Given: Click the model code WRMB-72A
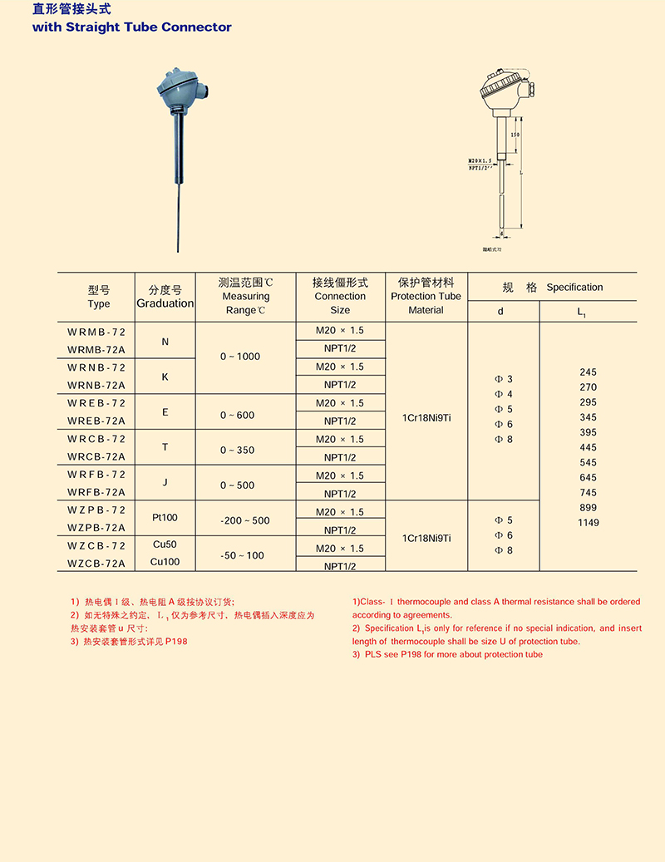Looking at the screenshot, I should pos(96,349).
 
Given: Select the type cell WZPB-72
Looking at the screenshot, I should pos(96,510).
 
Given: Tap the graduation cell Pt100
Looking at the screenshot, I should pos(165,517).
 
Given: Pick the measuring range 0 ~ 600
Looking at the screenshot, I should pos(238,415).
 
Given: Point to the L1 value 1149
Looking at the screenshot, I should pos(588,523).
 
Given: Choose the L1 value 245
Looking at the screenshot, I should pos(588,372).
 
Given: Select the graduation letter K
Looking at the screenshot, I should pos(165,377).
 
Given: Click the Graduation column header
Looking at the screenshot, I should pos(165,303).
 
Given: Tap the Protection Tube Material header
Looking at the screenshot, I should pos(426,296).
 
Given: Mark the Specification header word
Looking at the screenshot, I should pos(574,288).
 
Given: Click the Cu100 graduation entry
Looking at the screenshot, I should pos(165,562).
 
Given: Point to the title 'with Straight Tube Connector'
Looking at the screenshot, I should pos(131,27).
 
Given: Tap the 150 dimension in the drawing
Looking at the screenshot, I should pos(515,135).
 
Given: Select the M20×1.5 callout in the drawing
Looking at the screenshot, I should pos(480,160).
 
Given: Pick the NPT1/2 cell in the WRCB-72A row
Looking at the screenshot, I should pos(340,457).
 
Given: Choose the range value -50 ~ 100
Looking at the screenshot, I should pos(243,555).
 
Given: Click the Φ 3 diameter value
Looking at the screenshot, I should pos(504,379).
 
